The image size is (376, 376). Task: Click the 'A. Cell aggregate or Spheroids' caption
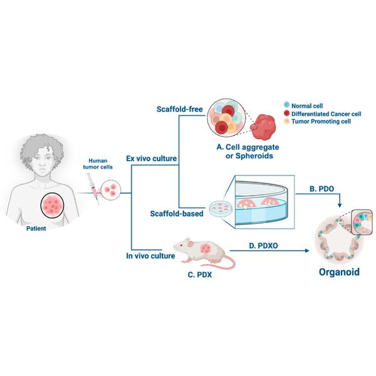(x=239, y=151)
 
